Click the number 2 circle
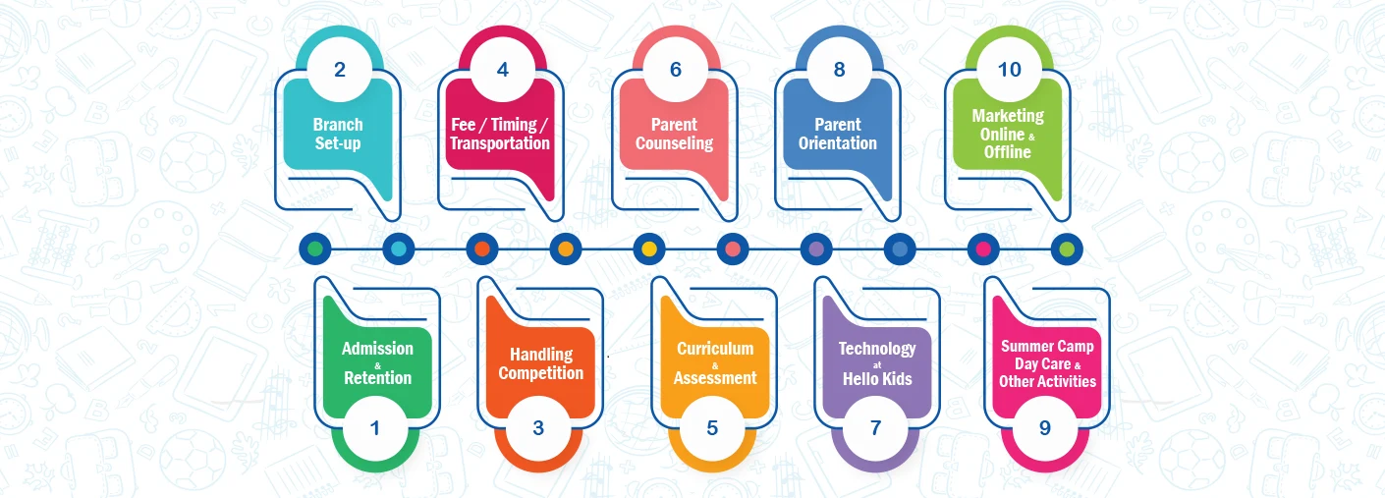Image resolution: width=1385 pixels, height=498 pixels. pos(340,70)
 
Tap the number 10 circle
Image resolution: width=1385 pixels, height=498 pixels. pos(1009,70)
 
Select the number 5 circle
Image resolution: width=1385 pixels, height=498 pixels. pos(712,428)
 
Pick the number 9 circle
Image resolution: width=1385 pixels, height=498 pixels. pos(1045,428)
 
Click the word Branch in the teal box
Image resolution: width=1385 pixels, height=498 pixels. pos(338,125)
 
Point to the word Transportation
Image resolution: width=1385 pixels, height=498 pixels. pos(500,143)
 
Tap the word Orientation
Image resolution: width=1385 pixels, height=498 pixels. pos(837,143)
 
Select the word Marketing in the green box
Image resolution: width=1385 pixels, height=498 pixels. pos(1008,116)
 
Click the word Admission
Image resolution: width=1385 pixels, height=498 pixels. pos(377,349)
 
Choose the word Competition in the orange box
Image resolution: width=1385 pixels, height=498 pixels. pos(541,373)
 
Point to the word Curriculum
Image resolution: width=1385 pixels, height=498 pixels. pos(715,349)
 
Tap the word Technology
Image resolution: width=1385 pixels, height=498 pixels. pos(877,350)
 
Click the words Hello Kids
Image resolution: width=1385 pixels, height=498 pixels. pos(877,378)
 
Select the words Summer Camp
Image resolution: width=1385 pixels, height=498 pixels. pos(1047,347)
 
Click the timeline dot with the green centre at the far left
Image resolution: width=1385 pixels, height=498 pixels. pos(314,249)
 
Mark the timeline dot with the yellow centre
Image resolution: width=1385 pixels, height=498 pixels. pos(649,249)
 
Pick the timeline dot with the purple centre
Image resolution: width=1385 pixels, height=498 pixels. pos(816,249)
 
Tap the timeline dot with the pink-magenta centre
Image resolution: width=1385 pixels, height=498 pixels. pos(983,249)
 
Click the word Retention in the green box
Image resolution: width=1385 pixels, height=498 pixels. pos(378,378)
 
